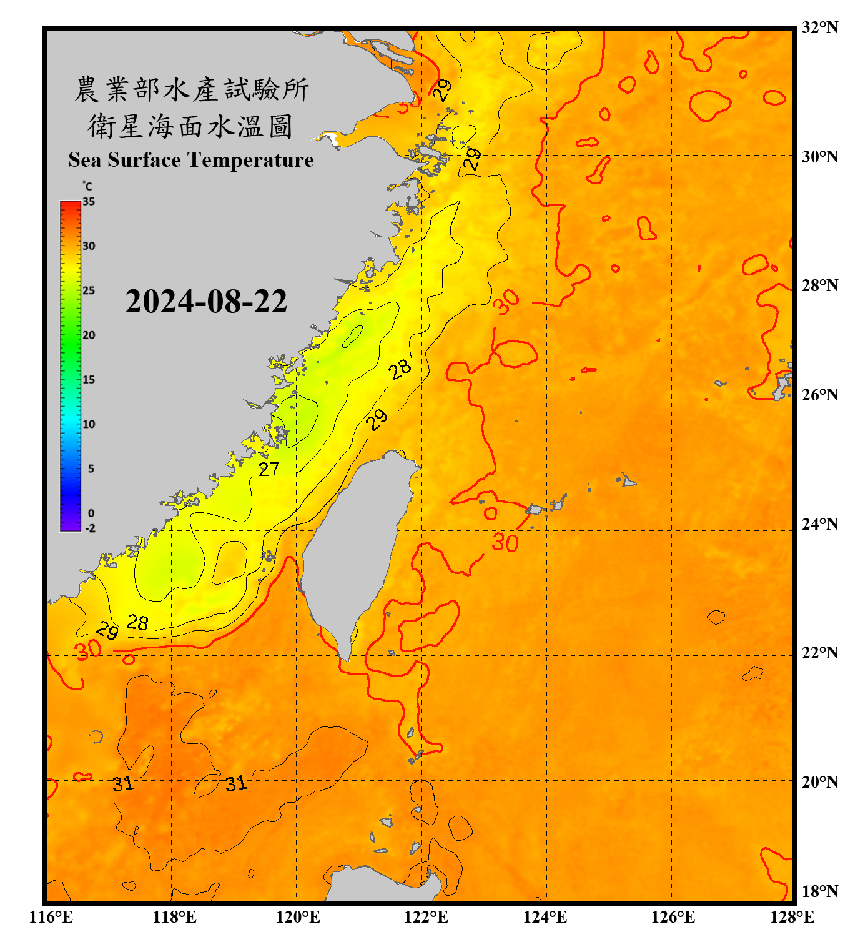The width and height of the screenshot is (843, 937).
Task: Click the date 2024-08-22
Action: pos(206,302)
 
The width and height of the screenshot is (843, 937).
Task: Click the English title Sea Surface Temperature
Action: pos(191,160)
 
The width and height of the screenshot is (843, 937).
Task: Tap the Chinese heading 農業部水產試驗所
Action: pos(192,89)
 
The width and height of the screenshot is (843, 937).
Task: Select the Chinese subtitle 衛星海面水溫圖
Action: pos(190,126)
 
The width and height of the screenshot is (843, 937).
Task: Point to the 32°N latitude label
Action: pos(819,27)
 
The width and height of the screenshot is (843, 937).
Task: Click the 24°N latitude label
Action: pos(819,523)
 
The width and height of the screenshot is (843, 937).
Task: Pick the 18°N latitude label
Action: pos(819,891)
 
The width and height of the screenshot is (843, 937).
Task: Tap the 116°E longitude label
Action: pos(51,917)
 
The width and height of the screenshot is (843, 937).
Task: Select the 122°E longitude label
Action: pos(426,917)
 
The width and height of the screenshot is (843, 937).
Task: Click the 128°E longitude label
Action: pos(792,917)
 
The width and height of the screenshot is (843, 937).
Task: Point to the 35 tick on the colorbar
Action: pos(89,202)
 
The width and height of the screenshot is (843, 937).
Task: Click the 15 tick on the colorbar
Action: pos(89,380)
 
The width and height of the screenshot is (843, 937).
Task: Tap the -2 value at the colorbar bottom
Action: pos(90,528)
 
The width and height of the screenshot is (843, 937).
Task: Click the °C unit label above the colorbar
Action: pos(87,187)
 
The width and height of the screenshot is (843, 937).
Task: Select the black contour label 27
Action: pos(269,468)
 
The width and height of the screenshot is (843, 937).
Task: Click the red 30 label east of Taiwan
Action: pos(505,542)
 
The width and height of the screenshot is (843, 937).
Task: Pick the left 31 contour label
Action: pos(123,783)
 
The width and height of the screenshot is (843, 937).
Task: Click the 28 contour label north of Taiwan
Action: pos(400,369)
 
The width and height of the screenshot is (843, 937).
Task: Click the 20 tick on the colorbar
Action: pos(89,335)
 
